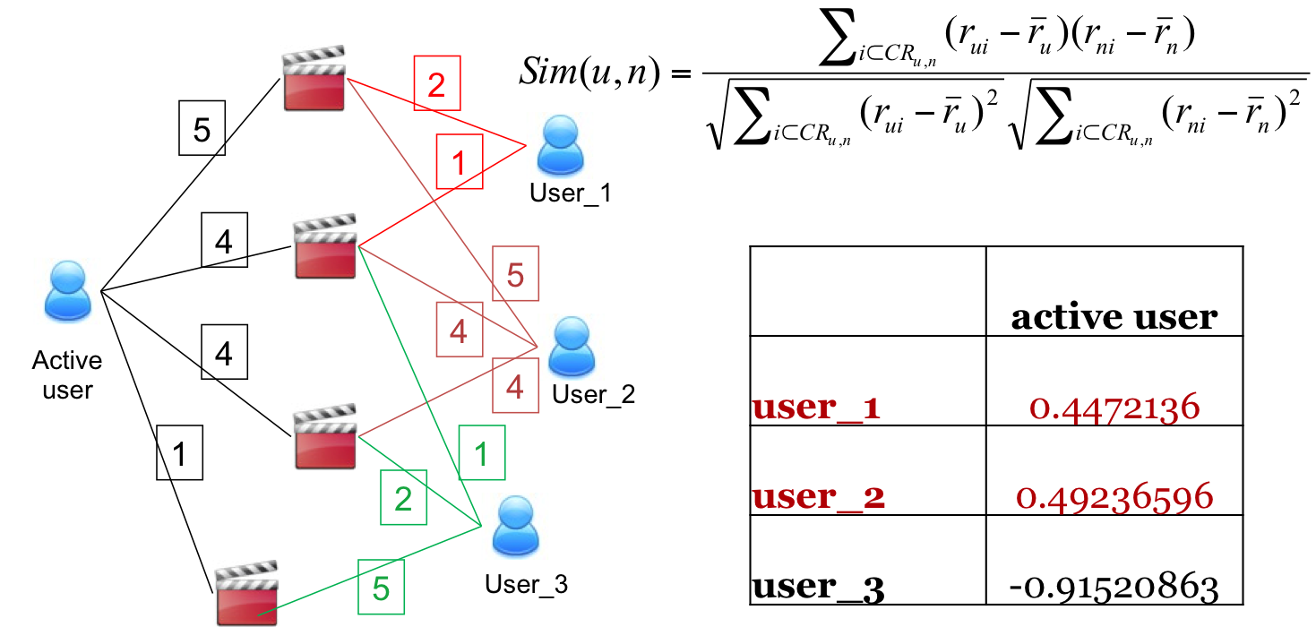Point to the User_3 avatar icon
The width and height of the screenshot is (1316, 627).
(x=517, y=527)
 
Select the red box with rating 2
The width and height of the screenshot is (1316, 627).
(x=436, y=85)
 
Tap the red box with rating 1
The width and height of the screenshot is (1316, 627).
(x=460, y=163)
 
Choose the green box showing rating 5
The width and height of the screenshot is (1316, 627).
(x=381, y=588)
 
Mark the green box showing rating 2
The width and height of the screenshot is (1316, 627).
(x=404, y=498)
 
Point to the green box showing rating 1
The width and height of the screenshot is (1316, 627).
(x=481, y=453)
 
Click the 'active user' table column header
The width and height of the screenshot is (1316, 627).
(x=1114, y=316)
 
